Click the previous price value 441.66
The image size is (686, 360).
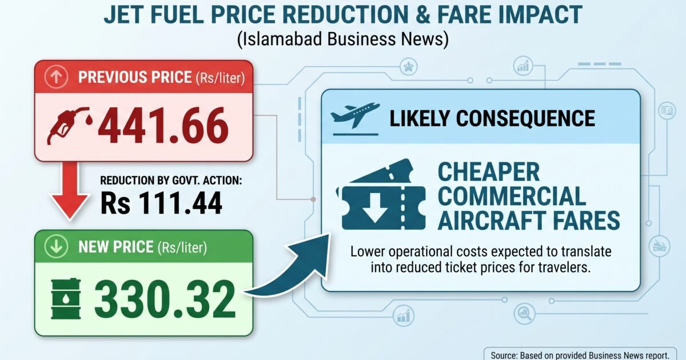[163, 126]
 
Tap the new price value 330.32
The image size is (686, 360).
[165, 299]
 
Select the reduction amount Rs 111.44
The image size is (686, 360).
[161, 203]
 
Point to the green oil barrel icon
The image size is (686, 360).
[66, 299]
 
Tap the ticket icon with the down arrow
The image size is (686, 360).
[381, 195]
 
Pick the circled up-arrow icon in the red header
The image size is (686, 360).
[57, 77]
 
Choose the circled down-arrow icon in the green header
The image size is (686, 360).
[57, 246]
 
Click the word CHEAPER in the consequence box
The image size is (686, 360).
[489, 172]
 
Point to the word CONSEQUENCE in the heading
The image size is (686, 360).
[525, 118]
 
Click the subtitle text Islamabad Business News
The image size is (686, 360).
[343, 39]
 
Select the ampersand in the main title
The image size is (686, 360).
[423, 14]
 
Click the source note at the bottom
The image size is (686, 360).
[580, 355]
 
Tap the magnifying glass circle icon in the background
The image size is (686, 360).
[525, 314]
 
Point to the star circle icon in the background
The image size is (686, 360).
[409, 67]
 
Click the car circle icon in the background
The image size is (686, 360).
[659, 246]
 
